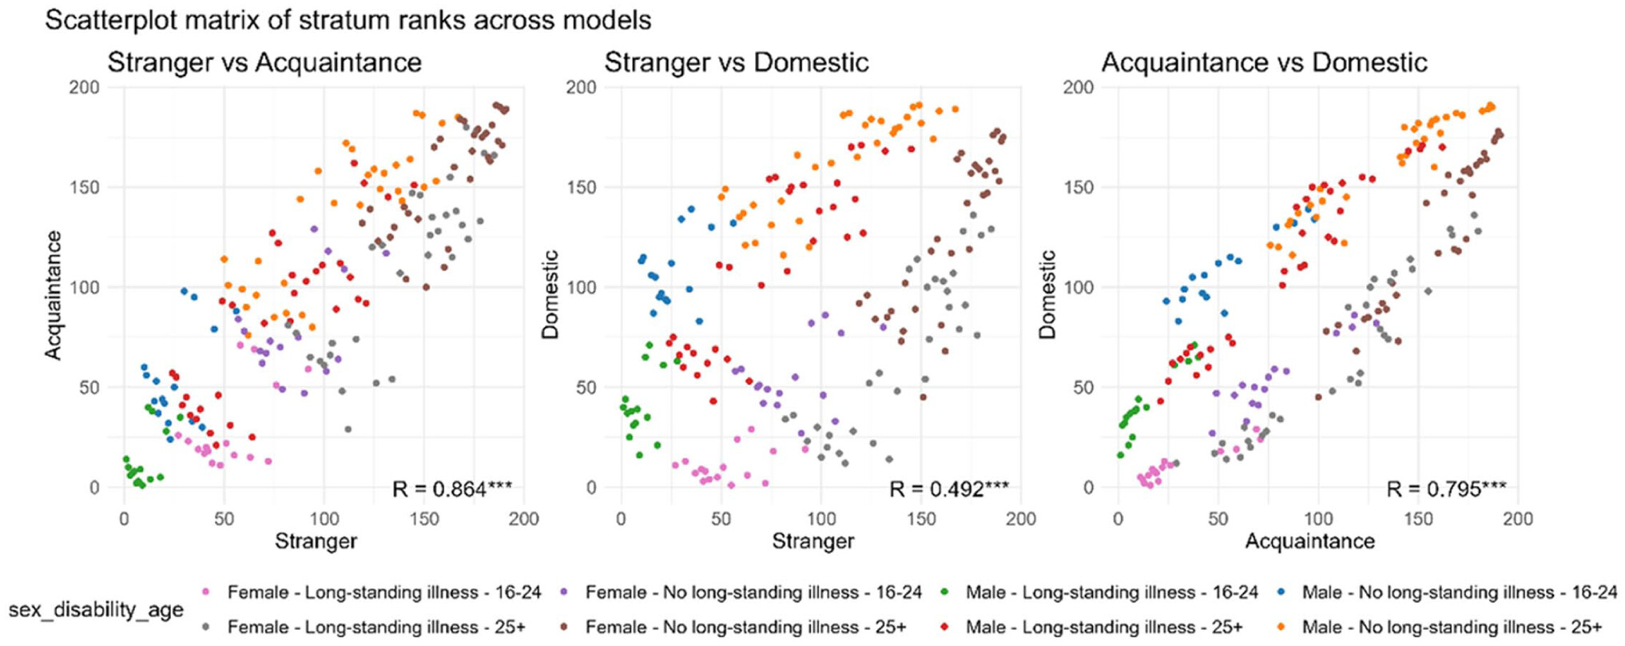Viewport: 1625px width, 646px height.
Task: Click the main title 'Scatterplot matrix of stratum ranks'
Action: [x=348, y=20]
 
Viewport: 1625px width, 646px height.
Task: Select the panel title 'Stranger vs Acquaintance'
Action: [x=264, y=62]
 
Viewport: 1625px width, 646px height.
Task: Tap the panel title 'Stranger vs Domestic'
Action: [x=736, y=62]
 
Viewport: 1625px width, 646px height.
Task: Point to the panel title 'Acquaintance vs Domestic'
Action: [x=1264, y=62]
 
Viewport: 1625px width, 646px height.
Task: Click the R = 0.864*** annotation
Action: [x=452, y=488]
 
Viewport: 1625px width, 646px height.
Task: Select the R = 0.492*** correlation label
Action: [x=949, y=488]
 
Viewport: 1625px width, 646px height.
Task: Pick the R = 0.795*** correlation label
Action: [x=1446, y=488]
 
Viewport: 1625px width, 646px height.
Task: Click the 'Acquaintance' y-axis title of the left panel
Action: [x=53, y=295]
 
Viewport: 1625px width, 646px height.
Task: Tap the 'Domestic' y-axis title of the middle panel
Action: [x=550, y=295]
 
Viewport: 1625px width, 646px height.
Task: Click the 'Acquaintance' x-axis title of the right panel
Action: [x=1309, y=541]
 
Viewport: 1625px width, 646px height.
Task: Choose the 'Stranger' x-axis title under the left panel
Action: [x=316, y=541]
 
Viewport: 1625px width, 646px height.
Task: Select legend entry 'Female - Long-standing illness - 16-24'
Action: [x=383, y=592]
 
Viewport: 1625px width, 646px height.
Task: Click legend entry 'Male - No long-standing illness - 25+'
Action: [x=1452, y=627]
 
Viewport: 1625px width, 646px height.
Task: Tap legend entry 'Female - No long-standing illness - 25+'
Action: [x=745, y=627]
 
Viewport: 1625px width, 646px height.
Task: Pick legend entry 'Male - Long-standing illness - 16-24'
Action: [x=1111, y=592]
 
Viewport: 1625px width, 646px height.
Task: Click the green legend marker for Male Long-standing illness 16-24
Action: [x=945, y=592]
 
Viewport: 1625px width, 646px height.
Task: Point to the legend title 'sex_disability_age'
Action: [x=96, y=610]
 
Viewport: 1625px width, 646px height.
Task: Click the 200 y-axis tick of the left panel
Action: [x=84, y=87]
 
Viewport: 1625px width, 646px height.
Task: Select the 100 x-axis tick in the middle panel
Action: [x=821, y=519]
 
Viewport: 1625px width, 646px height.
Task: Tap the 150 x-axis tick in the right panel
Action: [x=1418, y=519]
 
